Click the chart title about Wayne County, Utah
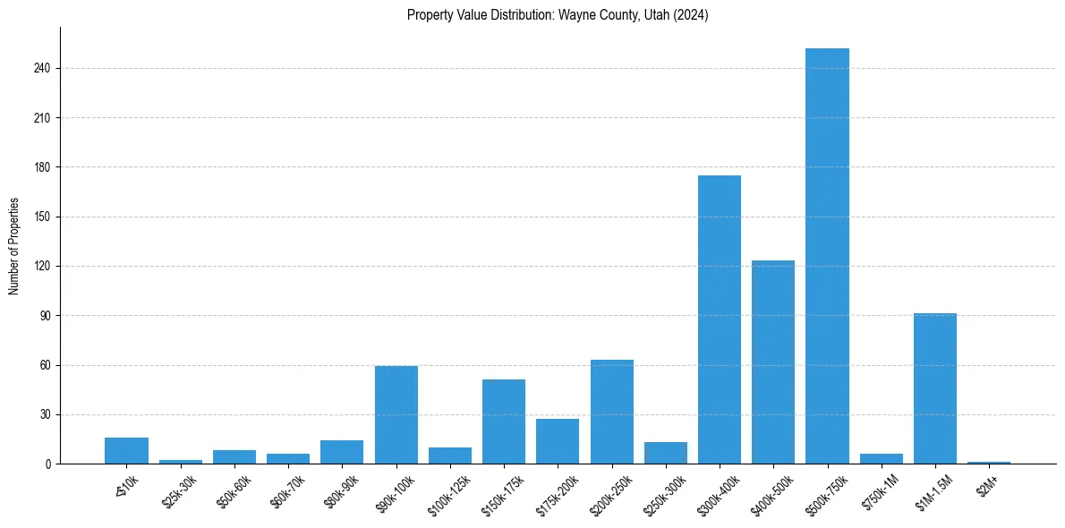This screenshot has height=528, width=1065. point(558,15)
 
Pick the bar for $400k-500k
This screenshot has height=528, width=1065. point(773,362)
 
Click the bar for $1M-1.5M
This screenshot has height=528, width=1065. point(935,388)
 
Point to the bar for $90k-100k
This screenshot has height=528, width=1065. point(396,415)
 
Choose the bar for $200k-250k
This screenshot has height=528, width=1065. point(612,412)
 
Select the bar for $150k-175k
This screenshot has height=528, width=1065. point(504,422)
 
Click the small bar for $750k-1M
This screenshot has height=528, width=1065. point(882,459)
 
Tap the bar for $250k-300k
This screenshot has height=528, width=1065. point(666,453)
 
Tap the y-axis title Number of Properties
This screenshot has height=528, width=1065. point(14,246)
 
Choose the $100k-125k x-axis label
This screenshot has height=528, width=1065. point(448,490)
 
